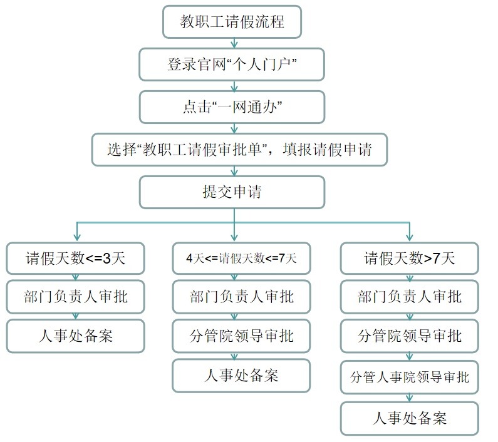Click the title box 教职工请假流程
click(x=232, y=23)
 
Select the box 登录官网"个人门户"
click(x=232, y=65)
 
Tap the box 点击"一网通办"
click(x=232, y=107)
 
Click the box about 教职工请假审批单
click(x=239, y=150)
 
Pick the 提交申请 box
click(x=232, y=192)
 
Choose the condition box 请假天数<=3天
click(x=75, y=258)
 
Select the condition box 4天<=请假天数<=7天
click(x=241, y=258)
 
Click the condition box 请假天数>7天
click(x=409, y=258)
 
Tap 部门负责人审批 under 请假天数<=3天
click(x=75, y=296)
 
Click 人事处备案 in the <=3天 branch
click(x=75, y=336)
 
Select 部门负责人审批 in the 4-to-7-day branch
click(x=241, y=296)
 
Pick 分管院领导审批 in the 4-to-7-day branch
click(x=241, y=336)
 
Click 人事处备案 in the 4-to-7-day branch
click(x=241, y=375)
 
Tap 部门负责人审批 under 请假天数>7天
click(x=409, y=296)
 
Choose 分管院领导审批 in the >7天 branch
click(x=409, y=336)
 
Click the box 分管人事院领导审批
click(x=409, y=378)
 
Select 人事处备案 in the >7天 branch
click(x=409, y=418)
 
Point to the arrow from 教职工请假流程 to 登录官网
click(x=234, y=43)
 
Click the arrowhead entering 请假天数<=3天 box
click(x=76, y=237)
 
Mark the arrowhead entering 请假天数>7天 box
click(x=409, y=237)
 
